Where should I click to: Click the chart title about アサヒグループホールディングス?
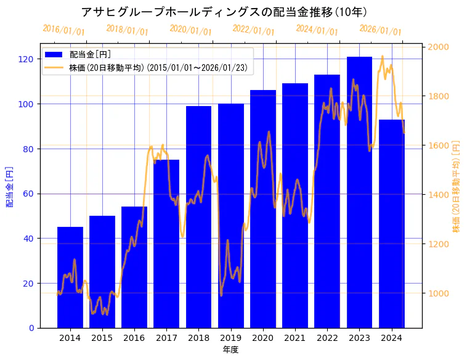click(225, 12)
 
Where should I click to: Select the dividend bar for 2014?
click(70, 277)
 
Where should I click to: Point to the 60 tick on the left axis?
click(29, 194)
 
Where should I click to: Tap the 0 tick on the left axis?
click(31, 328)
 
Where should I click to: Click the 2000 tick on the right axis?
click(438, 47)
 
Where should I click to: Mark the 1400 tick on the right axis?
click(438, 195)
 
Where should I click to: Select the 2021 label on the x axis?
click(294, 338)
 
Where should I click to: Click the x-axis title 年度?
click(230, 350)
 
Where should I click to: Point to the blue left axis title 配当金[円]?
click(9, 187)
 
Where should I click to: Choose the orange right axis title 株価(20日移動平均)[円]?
click(457, 187)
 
